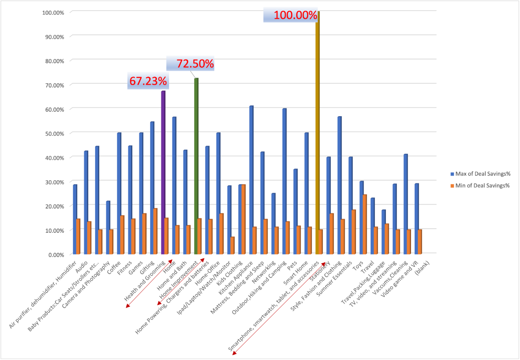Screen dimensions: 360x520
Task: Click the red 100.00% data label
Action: pos(295,15)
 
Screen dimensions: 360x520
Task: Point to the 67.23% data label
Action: pos(148,81)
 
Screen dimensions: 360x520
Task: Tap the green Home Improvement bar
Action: pos(196,166)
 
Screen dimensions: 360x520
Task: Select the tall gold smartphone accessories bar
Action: pos(317,134)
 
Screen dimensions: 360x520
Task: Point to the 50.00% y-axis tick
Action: pos(53,133)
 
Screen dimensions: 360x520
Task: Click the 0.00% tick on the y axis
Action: pos(54,254)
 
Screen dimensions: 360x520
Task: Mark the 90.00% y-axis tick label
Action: pos(53,36)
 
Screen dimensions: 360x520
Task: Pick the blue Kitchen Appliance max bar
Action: pos(251,179)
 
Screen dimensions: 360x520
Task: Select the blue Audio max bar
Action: pos(86,202)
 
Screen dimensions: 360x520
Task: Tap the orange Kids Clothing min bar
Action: pos(243,219)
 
